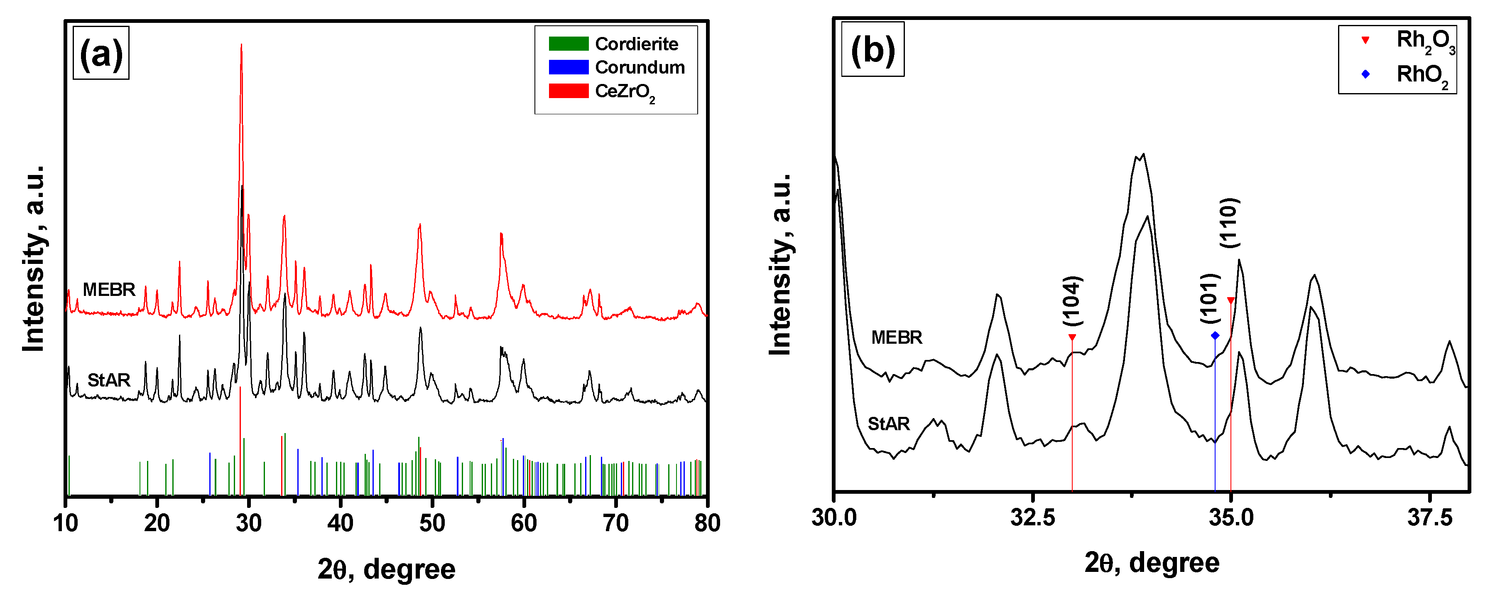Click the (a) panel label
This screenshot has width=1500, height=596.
[101, 53]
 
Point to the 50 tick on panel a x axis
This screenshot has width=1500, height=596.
[432, 522]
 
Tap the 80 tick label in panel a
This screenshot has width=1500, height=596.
[707, 522]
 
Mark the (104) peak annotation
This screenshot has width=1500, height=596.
[1071, 300]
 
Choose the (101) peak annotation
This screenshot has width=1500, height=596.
[1209, 298]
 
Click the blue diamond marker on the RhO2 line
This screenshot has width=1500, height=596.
[1215, 335]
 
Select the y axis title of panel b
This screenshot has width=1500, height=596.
[780, 264]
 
